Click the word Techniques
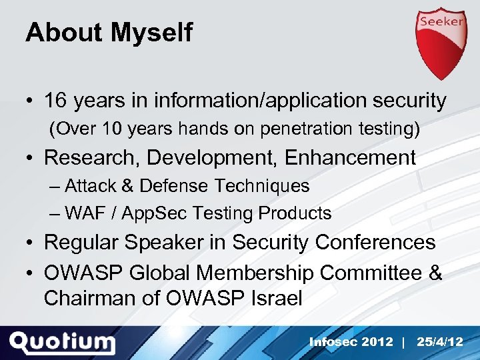[x=266, y=186]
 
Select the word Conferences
[x=375, y=243]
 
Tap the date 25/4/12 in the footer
[x=440, y=342]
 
